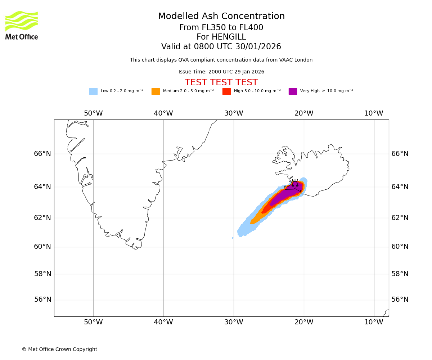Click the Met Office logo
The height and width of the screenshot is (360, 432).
point(22,26)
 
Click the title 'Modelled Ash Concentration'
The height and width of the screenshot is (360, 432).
point(221,17)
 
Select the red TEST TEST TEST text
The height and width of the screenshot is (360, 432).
point(221,83)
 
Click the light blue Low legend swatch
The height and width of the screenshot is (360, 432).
point(93,91)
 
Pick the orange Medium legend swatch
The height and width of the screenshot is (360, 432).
point(156,91)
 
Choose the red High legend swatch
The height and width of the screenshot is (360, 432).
point(226,91)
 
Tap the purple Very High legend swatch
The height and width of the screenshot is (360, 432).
point(293,91)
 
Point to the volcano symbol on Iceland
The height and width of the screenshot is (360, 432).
point(295,183)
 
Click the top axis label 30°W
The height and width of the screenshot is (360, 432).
point(234,113)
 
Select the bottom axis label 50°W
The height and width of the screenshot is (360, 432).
point(93,322)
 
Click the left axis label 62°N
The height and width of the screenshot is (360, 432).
point(42,218)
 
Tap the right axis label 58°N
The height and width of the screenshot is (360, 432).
point(400,274)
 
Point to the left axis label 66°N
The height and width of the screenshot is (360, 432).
point(42,154)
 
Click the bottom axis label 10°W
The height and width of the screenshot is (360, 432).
point(374,322)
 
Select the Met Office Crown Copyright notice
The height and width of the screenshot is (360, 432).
point(59,350)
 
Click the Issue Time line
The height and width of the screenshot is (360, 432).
point(221,72)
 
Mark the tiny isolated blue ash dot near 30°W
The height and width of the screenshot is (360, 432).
point(233,238)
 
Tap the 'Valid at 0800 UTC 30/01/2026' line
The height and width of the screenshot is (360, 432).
point(221,47)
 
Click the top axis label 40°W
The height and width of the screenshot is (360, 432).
point(163,113)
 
